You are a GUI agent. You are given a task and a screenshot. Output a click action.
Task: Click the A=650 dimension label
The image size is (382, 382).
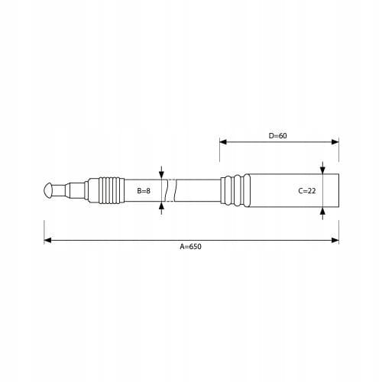click(190, 247)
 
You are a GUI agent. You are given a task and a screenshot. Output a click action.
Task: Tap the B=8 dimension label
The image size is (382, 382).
click(144, 190)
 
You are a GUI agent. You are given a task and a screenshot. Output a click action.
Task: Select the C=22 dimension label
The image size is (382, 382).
click(307, 190)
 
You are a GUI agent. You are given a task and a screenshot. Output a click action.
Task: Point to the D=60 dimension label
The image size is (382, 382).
click(277, 135)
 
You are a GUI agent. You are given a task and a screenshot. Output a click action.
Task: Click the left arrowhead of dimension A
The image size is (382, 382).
click(47, 240)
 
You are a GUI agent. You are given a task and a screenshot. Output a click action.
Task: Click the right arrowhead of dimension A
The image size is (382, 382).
click(335, 240)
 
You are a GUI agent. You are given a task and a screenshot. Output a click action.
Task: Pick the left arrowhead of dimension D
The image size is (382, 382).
click(223, 142)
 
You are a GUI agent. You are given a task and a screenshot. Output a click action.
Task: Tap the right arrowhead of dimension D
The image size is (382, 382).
click(335, 142)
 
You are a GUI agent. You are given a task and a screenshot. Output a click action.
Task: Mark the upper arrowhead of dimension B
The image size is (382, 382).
click(161, 175)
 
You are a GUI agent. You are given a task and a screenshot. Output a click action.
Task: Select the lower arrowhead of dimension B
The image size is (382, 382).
click(161, 206)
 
